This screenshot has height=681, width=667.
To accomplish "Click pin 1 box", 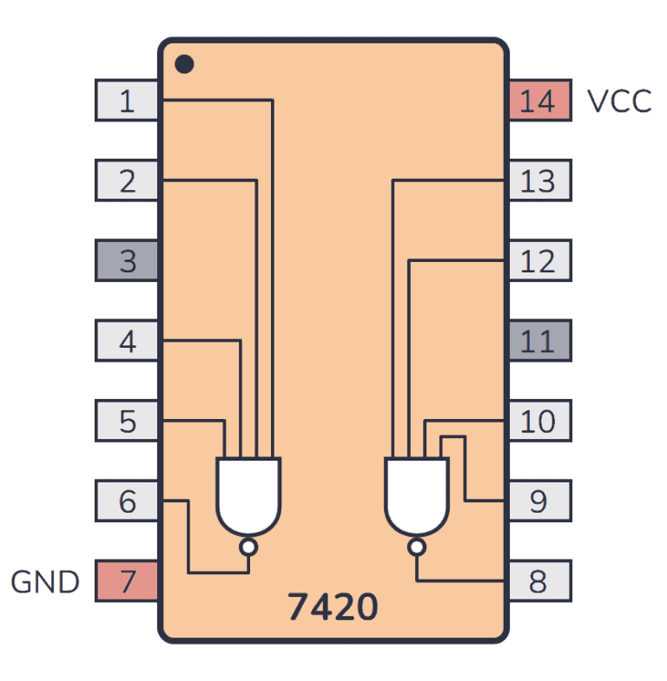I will tap(127, 101).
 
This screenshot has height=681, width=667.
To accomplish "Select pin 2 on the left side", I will tap(127, 180).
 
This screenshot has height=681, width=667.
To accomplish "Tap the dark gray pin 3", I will tap(127, 260).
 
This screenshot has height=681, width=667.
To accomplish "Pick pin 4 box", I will tap(127, 341).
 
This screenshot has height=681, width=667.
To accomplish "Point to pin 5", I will tap(127, 421).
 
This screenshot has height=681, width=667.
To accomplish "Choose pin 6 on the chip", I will tap(127, 501).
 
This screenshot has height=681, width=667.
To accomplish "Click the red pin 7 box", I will tap(127, 580).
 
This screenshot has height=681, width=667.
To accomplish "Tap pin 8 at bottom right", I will tap(538, 580).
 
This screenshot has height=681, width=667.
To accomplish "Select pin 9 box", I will tap(538, 501).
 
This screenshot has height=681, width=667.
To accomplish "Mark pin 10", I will tap(538, 421).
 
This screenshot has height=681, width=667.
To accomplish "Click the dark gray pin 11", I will tap(538, 341).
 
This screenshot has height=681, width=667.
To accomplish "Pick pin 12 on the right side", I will tap(538, 260).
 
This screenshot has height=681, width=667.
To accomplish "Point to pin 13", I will tap(538, 180).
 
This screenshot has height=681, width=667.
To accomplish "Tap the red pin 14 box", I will tap(538, 101).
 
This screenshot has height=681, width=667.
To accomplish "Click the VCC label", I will tap(618, 101).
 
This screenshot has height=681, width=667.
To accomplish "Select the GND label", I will tap(45, 581).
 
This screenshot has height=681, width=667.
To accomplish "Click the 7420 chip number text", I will tap(333, 607).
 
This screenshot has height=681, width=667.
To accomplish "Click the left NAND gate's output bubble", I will tap(248, 547).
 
